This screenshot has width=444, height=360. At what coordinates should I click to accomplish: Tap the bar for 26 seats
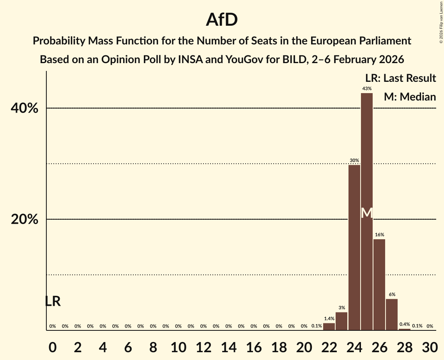point(379,284)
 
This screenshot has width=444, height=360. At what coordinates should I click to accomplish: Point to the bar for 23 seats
point(341,321)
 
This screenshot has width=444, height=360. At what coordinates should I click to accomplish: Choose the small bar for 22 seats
point(329,326)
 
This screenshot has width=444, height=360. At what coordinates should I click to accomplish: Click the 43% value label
point(367,89)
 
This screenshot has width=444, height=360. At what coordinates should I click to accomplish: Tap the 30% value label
point(354,161)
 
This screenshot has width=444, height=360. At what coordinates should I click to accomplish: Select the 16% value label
point(379,235)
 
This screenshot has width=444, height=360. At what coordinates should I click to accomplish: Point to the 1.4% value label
point(329,319)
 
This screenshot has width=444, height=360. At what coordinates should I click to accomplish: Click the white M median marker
point(367,213)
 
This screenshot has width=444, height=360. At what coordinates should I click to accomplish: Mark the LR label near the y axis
point(53,301)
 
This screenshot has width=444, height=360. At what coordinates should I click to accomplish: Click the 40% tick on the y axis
point(25,108)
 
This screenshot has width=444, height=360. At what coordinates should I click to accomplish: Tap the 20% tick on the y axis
point(25,219)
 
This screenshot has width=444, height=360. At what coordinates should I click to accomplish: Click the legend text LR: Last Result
point(400,78)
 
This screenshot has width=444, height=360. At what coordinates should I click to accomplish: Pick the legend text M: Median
point(410,97)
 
